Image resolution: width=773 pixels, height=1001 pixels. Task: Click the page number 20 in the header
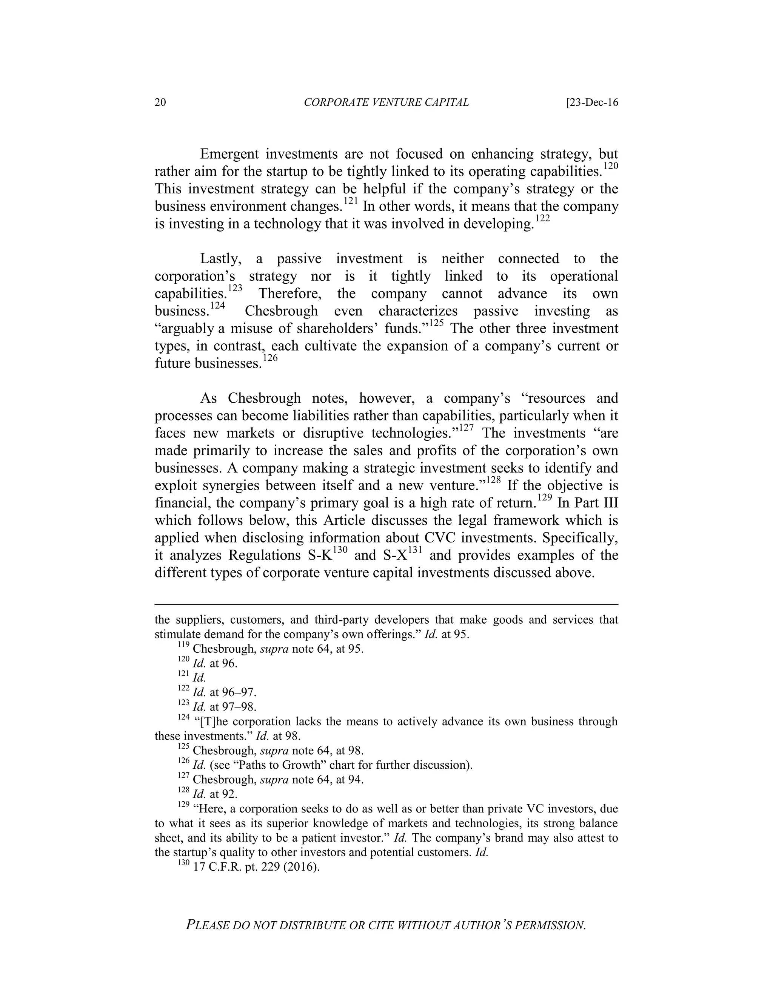pyautogui.click(x=160, y=103)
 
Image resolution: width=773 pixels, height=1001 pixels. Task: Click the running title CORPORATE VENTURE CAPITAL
pyautogui.click(x=386, y=103)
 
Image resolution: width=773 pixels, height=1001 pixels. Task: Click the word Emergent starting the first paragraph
pyautogui.click(x=229, y=154)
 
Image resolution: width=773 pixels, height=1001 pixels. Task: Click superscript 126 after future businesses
pyautogui.click(x=271, y=358)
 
